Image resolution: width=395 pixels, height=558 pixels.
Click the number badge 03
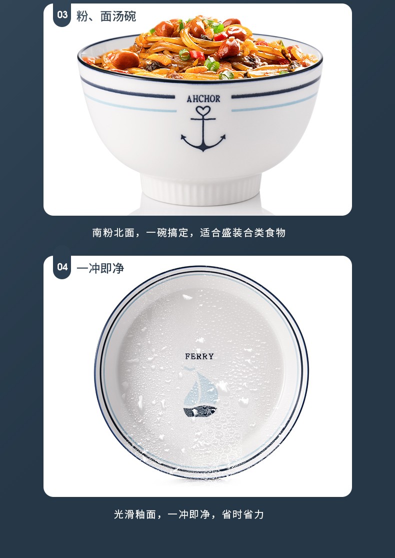pos(62,15)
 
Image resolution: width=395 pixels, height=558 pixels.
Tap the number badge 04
pos(62,267)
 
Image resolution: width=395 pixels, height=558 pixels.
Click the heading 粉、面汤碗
pos(106,17)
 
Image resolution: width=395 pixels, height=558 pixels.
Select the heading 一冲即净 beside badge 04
pos(100,268)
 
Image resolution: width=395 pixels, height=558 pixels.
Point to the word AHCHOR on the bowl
pos(203,99)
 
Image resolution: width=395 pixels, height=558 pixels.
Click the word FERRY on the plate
pos(199,356)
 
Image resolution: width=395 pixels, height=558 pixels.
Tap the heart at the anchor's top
pos(203,111)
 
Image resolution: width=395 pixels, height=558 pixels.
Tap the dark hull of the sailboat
pos(200,411)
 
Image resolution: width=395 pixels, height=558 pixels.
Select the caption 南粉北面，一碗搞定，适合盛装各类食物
pos(189,233)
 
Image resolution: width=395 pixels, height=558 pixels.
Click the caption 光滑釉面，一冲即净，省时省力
pos(189,514)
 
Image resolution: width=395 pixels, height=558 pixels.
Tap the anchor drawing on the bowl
pos(203,129)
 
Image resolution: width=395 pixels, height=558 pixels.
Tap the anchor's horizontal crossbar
pos(203,119)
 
